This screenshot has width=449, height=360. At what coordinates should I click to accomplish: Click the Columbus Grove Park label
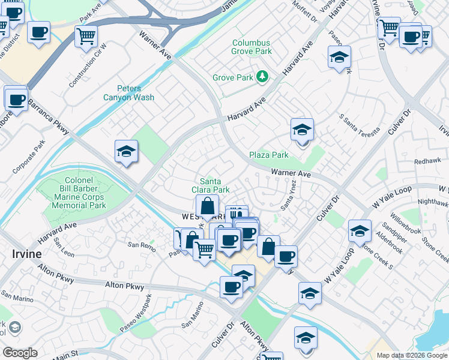pyautogui.click(x=251, y=47)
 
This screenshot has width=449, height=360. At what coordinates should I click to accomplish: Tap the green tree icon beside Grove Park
pyautogui.click(x=262, y=77)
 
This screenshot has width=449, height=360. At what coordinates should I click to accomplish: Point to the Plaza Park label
pyautogui.click(x=269, y=155)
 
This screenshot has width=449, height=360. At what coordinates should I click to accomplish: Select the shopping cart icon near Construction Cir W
pyautogui.click(x=86, y=36)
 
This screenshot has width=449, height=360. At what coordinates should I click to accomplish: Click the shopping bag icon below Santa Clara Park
pyautogui.click(x=207, y=206)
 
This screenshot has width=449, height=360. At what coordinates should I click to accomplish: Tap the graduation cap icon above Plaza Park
pyautogui.click(x=302, y=130)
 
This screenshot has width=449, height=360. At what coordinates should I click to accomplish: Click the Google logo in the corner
pyautogui.click(x=20, y=352)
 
